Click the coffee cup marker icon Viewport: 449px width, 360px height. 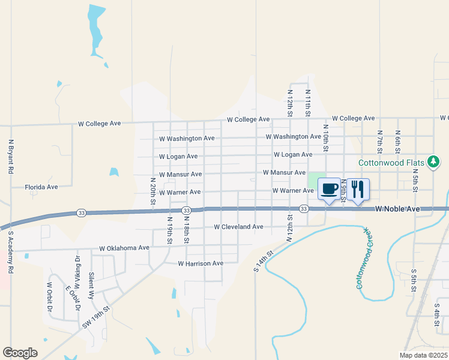tap(328, 189)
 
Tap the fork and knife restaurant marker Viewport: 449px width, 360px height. tap(358, 189)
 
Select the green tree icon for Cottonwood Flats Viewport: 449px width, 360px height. tap(433, 161)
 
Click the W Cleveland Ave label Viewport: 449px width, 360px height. tap(238, 227)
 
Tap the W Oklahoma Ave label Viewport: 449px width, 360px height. tap(124, 247)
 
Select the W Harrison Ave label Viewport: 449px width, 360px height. tap(200, 263)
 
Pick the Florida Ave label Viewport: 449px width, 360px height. tap(41, 187)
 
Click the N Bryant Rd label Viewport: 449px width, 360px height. tap(11, 157)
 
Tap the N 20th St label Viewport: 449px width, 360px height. tap(153, 191)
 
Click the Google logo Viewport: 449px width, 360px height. tap(20, 353)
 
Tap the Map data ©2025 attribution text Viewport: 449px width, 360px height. tap(423, 355)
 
